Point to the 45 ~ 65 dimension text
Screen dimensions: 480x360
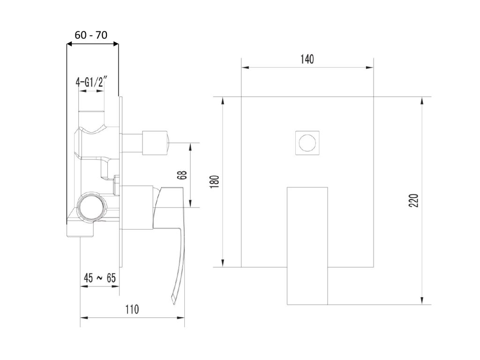pyautogui.click(x=99, y=277)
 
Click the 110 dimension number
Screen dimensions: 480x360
pyautogui.click(x=132, y=309)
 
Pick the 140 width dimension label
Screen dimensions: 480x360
pyautogui.click(x=307, y=59)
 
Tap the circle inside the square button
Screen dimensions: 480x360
pyautogui.click(x=307, y=142)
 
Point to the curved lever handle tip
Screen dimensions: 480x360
pyautogui.click(x=175, y=300)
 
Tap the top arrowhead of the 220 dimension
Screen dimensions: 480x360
pyautogui.click(x=423, y=99)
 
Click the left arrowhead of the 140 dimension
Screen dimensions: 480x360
pyautogui.click(x=244, y=67)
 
